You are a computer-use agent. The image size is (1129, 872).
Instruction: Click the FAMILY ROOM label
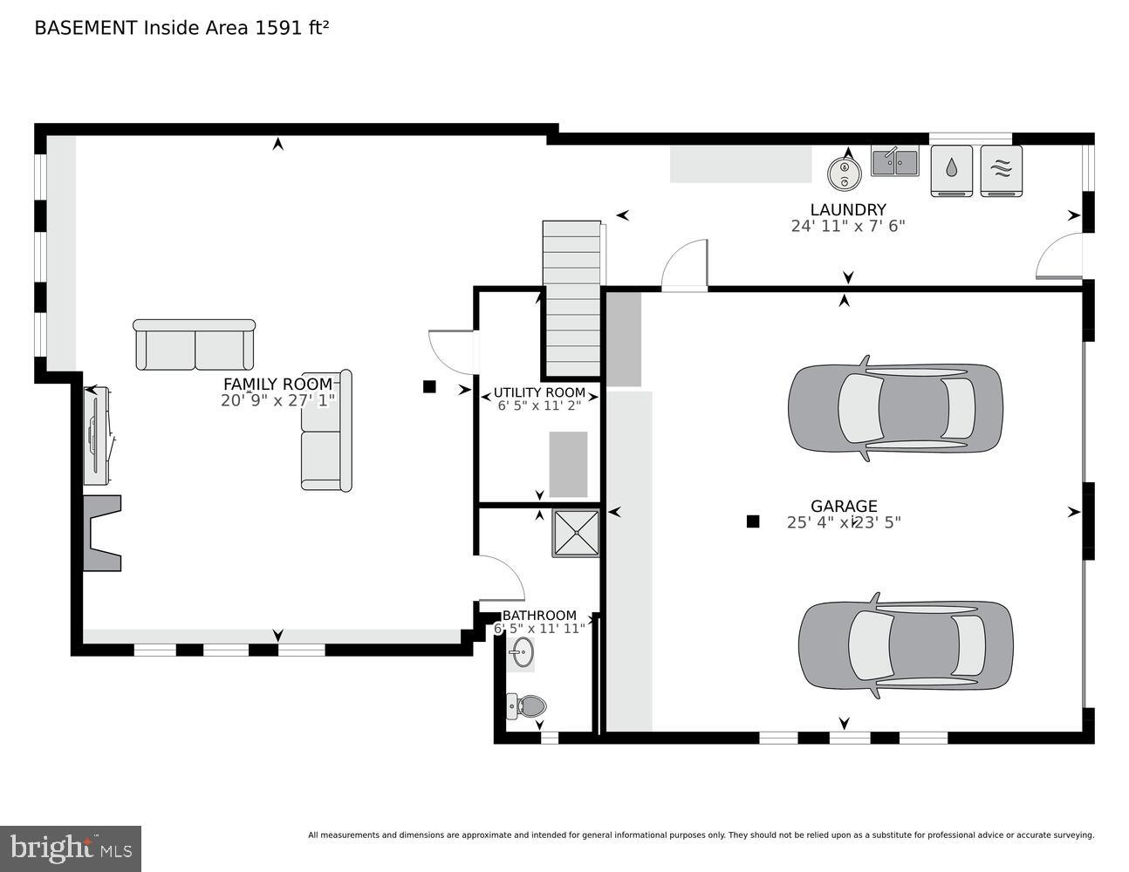277,384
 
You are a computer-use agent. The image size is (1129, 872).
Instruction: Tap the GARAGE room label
844,506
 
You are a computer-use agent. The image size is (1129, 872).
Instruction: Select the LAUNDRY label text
847,209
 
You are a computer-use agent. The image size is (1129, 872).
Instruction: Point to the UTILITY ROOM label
539,392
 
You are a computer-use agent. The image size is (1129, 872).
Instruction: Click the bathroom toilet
526,705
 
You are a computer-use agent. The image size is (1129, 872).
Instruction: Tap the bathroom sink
523,651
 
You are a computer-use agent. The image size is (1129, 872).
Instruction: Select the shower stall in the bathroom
575,533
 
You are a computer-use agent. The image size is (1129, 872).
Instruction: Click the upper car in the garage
894,407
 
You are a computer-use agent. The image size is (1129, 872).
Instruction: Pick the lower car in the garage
905,645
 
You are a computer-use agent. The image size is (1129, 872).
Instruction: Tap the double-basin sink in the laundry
894,162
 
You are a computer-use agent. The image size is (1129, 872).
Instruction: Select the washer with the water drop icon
951,170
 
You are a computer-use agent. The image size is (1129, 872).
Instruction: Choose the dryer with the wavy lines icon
1001,170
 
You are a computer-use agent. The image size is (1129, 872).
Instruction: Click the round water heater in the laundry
844,172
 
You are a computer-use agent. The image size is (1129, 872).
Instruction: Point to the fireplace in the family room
101,533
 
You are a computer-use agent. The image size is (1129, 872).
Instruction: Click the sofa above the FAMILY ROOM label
194,344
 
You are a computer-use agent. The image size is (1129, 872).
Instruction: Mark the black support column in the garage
753,521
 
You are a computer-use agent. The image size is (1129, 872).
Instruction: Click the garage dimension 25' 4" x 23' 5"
844,523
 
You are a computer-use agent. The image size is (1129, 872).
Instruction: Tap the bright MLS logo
71,848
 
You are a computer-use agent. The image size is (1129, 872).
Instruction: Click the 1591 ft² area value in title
291,27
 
